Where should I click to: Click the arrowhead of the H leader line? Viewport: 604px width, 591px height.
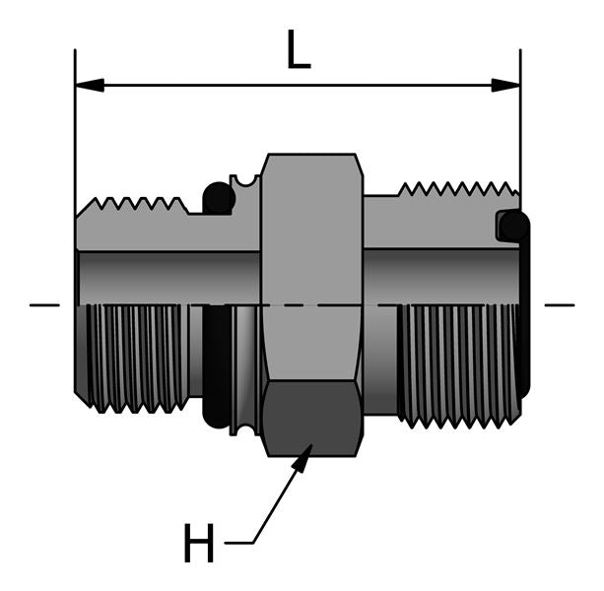[306, 455]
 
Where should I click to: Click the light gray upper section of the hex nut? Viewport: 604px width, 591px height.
[312, 227]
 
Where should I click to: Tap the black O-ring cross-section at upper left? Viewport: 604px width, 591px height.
[218, 199]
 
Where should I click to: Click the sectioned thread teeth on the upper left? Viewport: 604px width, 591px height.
[138, 207]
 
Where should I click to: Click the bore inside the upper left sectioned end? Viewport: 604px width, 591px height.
[168, 276]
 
